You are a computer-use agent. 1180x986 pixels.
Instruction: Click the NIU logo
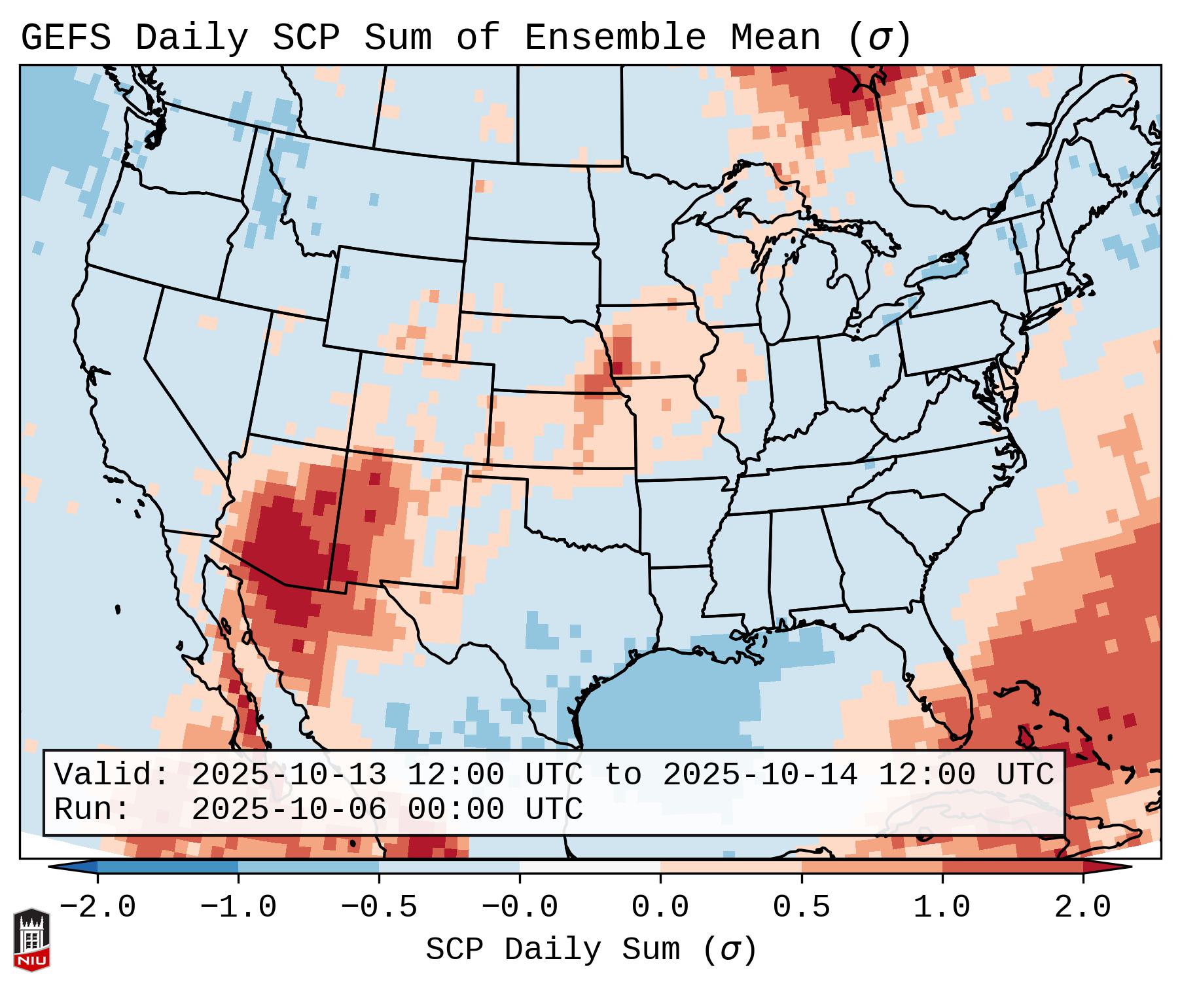[x=31, y=939]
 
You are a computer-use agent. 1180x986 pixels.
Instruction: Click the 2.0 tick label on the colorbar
[x=1082, y=907]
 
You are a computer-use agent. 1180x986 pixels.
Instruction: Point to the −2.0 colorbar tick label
[x=98, y=907]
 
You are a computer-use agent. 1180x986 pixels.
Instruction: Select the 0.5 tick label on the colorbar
[x=801, y=907]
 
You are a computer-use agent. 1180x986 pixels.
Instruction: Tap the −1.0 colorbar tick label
[x=238, y=907]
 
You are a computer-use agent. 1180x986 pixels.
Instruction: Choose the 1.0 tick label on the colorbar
[x=942, y=907]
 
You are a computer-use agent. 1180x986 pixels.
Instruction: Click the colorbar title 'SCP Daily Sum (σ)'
[x=591, y=950]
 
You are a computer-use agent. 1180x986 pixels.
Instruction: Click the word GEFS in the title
[x=65, y=38]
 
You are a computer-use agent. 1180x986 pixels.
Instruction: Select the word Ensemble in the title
[x=615, y=38]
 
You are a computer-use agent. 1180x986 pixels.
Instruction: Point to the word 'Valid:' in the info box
[x=112, y=775]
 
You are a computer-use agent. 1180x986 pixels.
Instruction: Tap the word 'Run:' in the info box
[x=92, y=810]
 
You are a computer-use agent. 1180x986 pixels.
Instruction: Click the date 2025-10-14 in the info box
[x=760, y=775]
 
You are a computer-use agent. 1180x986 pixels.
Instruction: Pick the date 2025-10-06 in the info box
[x=289, y=810]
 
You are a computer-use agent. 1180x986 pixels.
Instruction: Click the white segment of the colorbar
[x=590, y=867]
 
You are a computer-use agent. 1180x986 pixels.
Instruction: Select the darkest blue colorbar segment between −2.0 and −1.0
[x=168, y=867]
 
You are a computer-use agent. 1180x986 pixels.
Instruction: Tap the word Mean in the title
[x=776, y=38]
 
